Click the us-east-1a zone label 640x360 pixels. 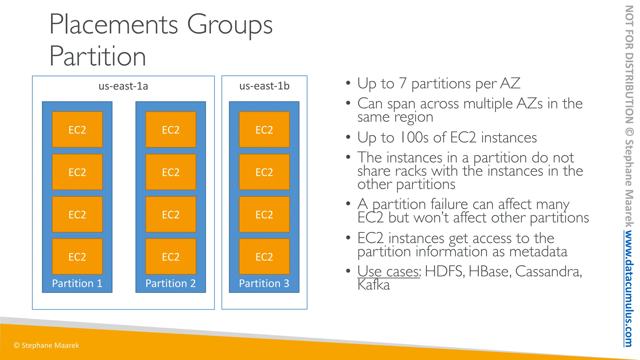click(x=123, y=86)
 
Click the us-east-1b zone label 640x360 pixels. click(x=264, y=86)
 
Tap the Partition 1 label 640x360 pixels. click(x=77, y=283)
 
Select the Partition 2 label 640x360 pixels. click(x=171, y=283)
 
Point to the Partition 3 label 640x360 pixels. click(x=264, y=283)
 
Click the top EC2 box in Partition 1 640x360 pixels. click(x=77, y=130)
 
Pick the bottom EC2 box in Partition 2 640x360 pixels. click(x=171, y=257)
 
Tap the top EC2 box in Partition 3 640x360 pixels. click(x=264, y=130)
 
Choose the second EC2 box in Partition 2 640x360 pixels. click(x=171, y=172)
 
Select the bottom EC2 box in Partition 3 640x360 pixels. click(x=264, y=257)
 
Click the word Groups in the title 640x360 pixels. click(x=230, y=25)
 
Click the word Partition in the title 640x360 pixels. click(x=97, y=57)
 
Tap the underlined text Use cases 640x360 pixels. click(x=389, y=271)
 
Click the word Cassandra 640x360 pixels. click(x=548, y=271)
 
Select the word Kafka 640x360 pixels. click(x=374, y=285)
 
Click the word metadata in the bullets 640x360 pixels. click(x=538, y=252)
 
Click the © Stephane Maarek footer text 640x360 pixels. click(x=46, y=345)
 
